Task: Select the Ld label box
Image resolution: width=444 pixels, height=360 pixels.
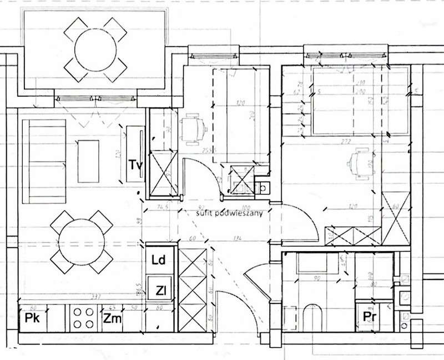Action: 159,260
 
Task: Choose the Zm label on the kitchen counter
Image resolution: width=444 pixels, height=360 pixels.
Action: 112,318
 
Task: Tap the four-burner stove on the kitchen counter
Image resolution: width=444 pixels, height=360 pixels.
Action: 83,318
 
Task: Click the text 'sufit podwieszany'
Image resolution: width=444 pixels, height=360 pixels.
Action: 225,212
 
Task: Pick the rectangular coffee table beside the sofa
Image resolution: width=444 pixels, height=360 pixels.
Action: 88,161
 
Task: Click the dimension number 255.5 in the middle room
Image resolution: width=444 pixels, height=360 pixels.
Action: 209,151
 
